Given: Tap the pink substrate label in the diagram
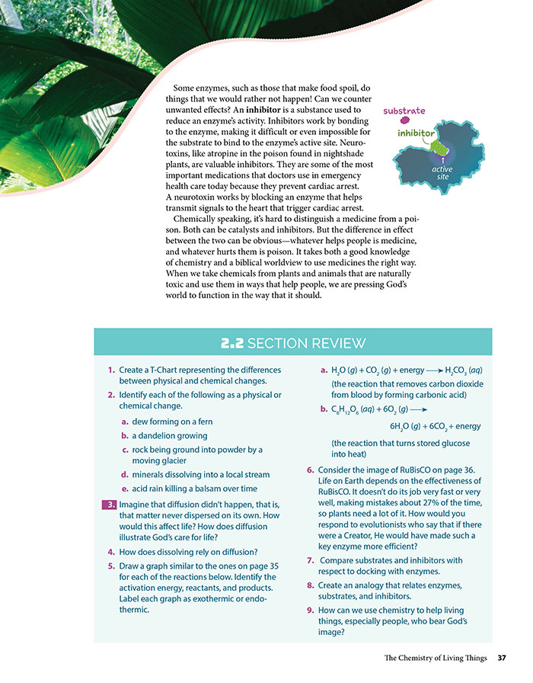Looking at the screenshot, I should point(404,111).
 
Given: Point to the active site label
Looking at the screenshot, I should point(442,173).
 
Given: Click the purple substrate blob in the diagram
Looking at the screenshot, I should point(404,120).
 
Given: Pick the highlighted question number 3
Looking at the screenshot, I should point(110,503).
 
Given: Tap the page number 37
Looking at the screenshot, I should point(502,658).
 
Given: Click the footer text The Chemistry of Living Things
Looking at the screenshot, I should point(433,658).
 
